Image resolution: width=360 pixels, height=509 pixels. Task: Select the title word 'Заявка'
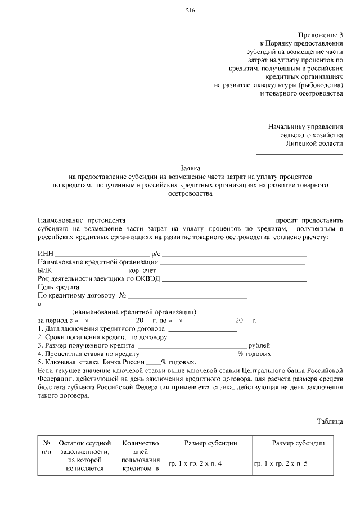[191, 168]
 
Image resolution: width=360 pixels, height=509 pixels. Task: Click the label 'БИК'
[45, 270]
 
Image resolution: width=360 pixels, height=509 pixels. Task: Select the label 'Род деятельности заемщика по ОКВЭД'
[98, 278]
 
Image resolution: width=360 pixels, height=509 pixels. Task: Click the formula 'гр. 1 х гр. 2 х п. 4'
[195, 464]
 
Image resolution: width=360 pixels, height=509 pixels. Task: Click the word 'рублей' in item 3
[259, 345]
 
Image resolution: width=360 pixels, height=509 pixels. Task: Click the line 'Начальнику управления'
[305, 127]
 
